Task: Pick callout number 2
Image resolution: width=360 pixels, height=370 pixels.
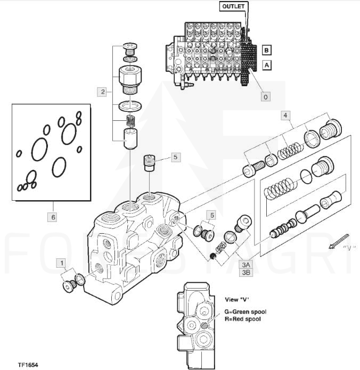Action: (x=102, y=92)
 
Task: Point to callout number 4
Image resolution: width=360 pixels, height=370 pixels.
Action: (x=286, y=115)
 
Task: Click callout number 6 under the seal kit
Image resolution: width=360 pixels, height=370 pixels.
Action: (x=53, y=217)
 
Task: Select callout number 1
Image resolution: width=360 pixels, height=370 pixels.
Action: (x=62, y=263)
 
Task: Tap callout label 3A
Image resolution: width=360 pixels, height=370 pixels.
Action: (x=246, y=265)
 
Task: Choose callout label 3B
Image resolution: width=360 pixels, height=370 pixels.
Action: (x=246, y=272)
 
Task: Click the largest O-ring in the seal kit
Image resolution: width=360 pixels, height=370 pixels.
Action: (x=39, y=149)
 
